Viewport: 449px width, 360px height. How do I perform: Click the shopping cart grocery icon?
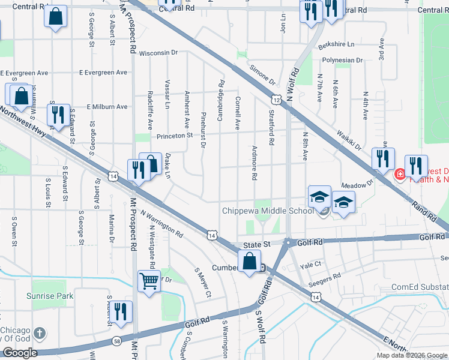pyautogui.click(x=149, y=280)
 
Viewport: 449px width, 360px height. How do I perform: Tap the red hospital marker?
pyautogui.click(x=399, y=175)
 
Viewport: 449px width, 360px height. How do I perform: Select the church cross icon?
pyautogui.click(x=40, y=333)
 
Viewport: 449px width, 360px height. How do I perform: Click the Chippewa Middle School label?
pyautogui.click(x=268, y=211)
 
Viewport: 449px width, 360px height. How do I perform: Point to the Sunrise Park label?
pyautogui.click(x=49, y=296)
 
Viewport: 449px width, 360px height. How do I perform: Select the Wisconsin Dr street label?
pyautogui.click(x=158, y=53)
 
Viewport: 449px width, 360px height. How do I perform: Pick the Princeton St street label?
pyautogui.click(x=173, y=136)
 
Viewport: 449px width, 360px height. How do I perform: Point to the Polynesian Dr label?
pyautogui.click(x=342, y=61)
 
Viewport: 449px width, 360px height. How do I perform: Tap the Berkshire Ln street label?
pyautogui.click(x=337, y=45)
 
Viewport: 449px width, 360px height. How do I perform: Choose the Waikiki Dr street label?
pyautogui.click(x=349, y=140)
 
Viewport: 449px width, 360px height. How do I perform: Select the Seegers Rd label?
pyautogui.click(x=325, y=276)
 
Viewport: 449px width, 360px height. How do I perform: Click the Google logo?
pyautogui.click(x=20, y=353)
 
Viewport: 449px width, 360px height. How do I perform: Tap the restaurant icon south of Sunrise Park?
pyautogui.click(x=122, y=312)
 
